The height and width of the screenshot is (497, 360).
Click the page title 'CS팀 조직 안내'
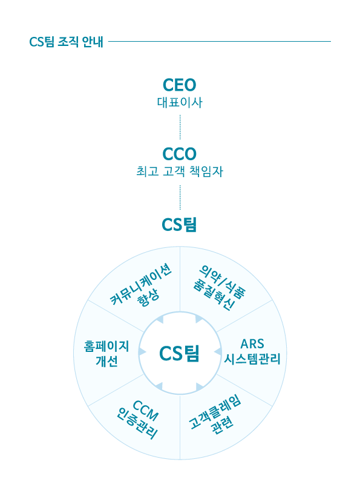pos(67,42)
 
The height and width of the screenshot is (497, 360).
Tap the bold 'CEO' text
pos(180,85)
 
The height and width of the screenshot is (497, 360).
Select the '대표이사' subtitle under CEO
pos(180,102)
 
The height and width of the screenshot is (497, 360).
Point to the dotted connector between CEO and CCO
pos(180,127)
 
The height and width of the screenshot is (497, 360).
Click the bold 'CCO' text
pos(180,154)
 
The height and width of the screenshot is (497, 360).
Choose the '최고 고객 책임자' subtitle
pos(180,172)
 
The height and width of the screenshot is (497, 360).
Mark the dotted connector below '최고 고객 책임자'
pos(180,198)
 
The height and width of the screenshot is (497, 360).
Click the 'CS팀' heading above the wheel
pos(179,225)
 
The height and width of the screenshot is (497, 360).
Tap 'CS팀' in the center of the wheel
pos(179,354)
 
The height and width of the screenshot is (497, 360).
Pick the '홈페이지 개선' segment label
pos(106,354)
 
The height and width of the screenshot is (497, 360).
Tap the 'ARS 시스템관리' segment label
pos(252,351)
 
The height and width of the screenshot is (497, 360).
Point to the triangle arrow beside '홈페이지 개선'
pos(142,352)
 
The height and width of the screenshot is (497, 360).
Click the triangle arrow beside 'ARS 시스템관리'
pos(218,352)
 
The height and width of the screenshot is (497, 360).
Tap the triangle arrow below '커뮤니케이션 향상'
pos(160,319)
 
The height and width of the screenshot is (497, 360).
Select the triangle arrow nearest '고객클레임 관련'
pos(200,386)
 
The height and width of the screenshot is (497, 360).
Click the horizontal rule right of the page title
pos(220,41)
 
